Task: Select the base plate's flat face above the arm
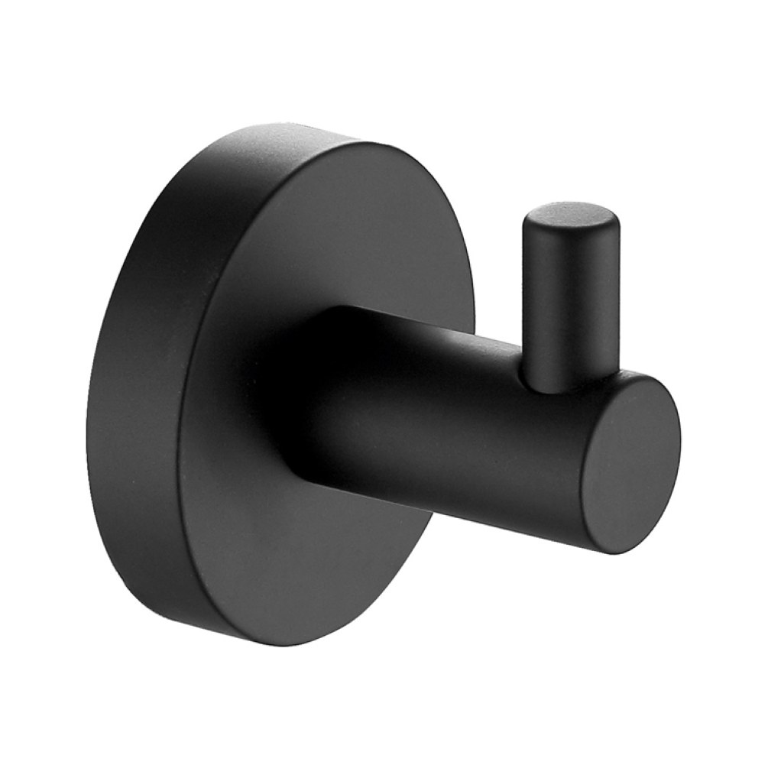click(344, 229)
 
